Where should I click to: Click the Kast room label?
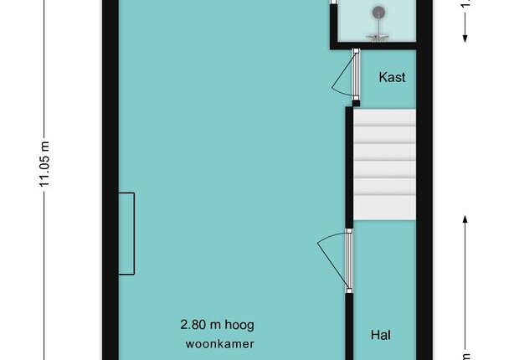(392, 77)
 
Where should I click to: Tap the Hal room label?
(380, 335)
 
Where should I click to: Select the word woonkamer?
(220, 344)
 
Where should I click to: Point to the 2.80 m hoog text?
(217, 325)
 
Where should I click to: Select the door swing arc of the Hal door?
(328, 237)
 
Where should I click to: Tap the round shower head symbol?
(378, 13)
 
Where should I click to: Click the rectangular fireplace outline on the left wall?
(134, 234)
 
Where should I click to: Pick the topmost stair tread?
(384, 117)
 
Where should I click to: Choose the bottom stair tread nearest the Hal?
(384, 208)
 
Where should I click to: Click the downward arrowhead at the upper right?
(465, 39)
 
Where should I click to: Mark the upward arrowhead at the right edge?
(465, 219)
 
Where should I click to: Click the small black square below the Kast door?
(356, 103)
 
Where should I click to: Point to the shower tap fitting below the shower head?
(378, 37)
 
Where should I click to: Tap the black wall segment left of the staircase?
(349, 167)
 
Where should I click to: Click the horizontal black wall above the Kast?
(373, 46)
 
